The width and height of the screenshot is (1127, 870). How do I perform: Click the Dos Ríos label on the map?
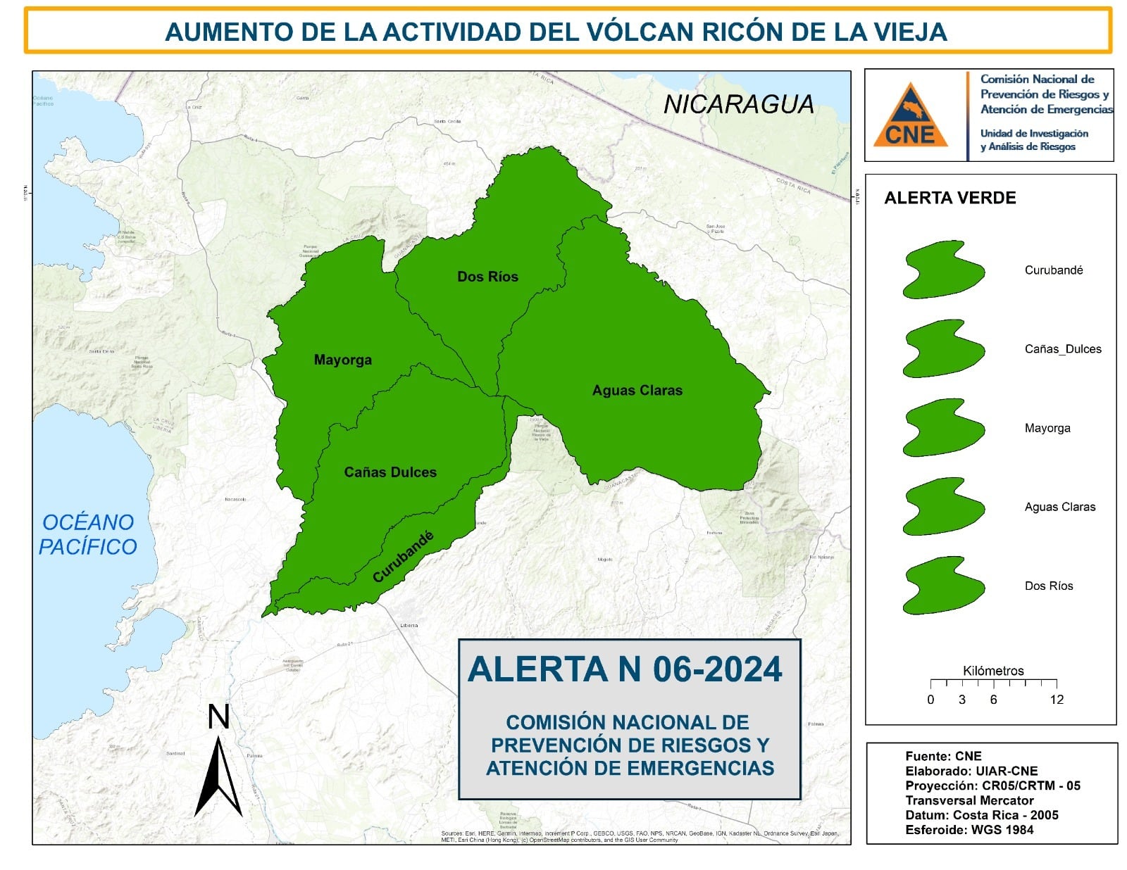pos(487,277)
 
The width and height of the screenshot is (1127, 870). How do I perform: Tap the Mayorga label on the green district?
pos(342,360)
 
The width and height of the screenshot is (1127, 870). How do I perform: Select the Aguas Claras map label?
pos(637,391)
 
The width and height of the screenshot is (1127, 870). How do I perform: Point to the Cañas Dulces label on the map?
pos(390,472)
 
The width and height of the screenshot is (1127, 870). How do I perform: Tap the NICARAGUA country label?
pos(738,105)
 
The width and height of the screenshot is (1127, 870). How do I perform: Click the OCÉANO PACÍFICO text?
pos(87,534)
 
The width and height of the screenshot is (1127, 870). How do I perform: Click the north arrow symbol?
pos(218,774)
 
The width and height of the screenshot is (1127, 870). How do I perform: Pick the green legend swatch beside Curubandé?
pos(943,270)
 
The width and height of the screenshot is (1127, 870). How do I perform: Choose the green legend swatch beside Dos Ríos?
pos(943,586)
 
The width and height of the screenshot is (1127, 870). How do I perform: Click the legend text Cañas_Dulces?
pos(1062,349)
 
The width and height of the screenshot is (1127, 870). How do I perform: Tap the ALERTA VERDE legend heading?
pos(949,198)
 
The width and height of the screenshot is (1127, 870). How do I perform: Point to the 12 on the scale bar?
pos(1056,700)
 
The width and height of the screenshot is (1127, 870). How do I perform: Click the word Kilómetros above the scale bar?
pos(993,671)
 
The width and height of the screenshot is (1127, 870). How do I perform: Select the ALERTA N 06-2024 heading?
pos(625,669)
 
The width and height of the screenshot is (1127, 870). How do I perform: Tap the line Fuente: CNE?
pos(943,756)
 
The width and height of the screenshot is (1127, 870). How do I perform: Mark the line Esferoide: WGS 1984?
pos(969,830)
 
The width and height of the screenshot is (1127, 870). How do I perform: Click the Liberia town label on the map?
pos(409,625)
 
